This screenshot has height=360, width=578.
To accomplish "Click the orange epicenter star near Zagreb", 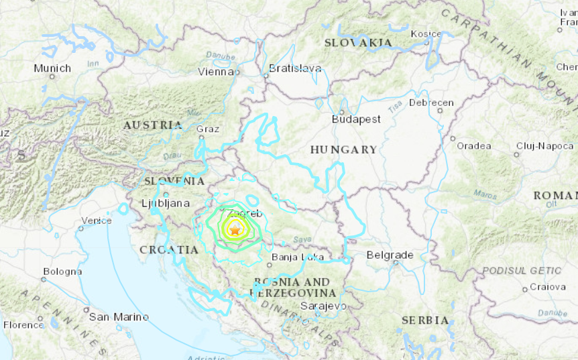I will point(235,231).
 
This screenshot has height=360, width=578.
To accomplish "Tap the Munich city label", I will point(52,68).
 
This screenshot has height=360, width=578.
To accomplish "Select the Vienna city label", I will point(215,72).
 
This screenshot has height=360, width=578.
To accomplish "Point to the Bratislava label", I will point(294,68).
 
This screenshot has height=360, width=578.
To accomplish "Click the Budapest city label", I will point(356,119).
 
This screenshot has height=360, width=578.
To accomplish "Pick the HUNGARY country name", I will point(343,149).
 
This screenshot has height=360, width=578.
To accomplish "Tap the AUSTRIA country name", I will point(153,125).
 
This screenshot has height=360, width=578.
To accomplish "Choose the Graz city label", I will point(209,129).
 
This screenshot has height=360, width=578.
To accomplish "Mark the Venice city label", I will point(97,221).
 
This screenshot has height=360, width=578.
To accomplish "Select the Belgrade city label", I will point(390,255).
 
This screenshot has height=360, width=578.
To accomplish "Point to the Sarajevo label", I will point(324,306).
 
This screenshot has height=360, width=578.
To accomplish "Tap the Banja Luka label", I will point(298,257).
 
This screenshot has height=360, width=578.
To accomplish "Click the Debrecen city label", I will point(431,103).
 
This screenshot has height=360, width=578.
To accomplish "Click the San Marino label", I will point(119,317).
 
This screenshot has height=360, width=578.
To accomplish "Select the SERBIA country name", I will point(425,320).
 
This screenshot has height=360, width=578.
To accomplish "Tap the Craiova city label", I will point(547,287).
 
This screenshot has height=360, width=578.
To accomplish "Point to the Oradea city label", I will point(474,146).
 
